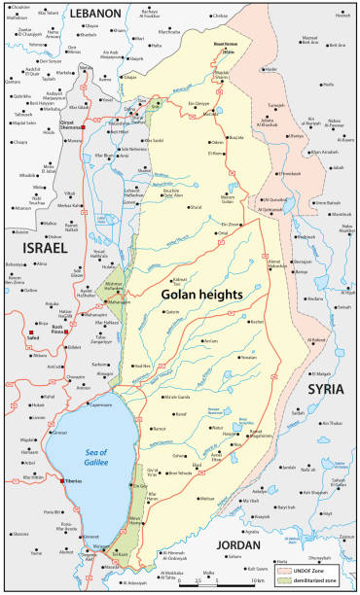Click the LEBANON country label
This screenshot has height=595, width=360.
click(x=95, y=14)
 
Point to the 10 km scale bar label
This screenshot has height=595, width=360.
click(x=259, y=580)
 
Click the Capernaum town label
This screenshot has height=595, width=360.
click(x=100, y=376)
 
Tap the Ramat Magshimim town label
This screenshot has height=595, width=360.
click(x=234, y=434)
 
